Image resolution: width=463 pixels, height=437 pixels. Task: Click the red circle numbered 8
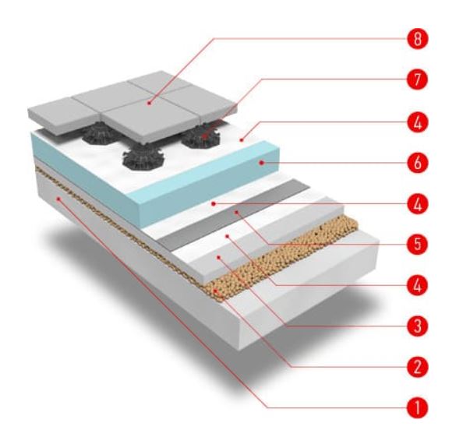[x=417, y=39]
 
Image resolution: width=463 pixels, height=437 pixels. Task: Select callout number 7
[x=417, y=79]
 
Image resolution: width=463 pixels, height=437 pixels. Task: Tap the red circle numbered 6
[x=417, y=163]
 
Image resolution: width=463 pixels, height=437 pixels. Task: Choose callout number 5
[x=417, y=245]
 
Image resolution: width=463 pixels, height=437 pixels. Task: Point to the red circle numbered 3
[x=417, y=326]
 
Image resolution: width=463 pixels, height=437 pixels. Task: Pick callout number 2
[x=417, y=367]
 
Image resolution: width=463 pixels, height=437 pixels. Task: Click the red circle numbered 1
[x=417, y=408]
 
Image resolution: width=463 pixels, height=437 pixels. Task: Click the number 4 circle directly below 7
[x=417, y=122]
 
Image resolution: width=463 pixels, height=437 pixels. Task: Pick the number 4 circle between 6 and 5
[x=417, y=204]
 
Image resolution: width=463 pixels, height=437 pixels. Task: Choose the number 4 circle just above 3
[x=417, y=285]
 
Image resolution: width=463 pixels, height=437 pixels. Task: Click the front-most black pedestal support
[x=143, y=158]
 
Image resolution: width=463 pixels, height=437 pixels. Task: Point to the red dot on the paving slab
[x=150, y=103]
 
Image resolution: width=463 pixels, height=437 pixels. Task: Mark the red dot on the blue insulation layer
[x=261, y=162]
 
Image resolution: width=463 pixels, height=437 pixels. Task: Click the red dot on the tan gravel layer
[x=217, y=291]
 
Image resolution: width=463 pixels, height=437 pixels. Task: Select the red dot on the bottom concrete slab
[x=58, y=199]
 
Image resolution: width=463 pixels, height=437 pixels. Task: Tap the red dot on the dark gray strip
[x=236, y=212]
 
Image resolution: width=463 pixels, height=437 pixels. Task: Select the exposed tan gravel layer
[x=281, y=258]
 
